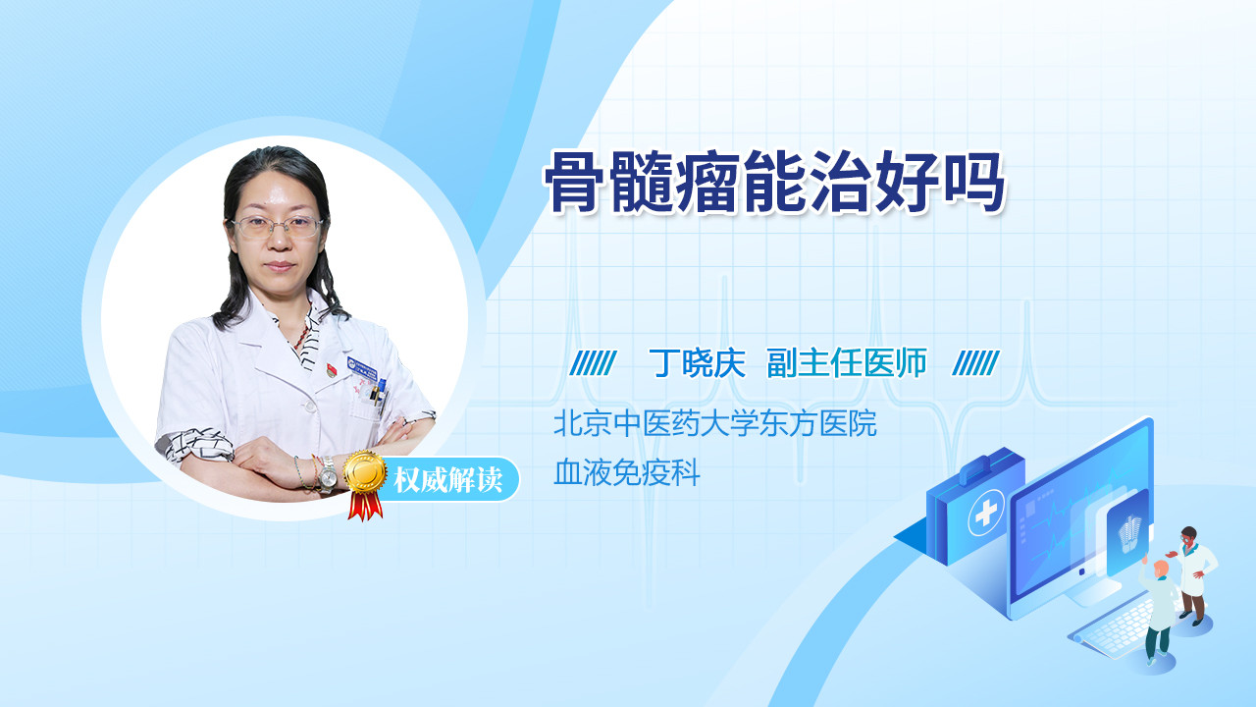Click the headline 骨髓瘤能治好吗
[x=774, y=183]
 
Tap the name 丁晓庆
[x=697, y=363]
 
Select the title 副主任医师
[x=847, y=363]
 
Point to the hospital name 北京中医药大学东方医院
[x=715, y=423]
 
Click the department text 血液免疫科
[x=627, y=472]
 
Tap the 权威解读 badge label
[x=447, y=480]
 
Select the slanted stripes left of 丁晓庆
[x=593, y=363]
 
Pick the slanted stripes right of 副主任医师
[x=975, y=363]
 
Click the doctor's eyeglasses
[x=278, y=226]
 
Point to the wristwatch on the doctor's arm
[x=328, y=474]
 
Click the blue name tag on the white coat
[x=362, y=368]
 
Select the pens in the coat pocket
[x=379, y=394]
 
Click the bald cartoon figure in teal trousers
[x=1158, y=613]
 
